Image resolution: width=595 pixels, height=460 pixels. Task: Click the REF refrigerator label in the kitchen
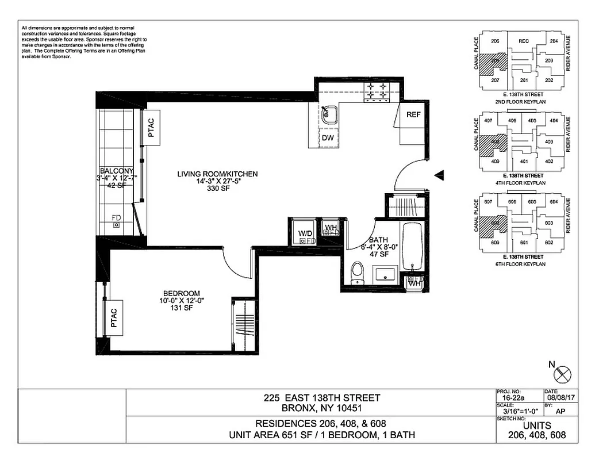413,114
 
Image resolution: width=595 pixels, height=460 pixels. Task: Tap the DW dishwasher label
328,138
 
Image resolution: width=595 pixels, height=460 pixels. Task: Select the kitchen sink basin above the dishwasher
328,114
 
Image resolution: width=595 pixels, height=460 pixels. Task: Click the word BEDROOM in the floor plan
181,293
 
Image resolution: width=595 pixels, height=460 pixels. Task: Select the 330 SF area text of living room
217,189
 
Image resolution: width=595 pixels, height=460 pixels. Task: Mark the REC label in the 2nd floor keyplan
523,41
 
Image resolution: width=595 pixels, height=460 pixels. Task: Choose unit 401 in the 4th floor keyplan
524,161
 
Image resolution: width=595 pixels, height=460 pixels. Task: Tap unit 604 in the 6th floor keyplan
554,202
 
